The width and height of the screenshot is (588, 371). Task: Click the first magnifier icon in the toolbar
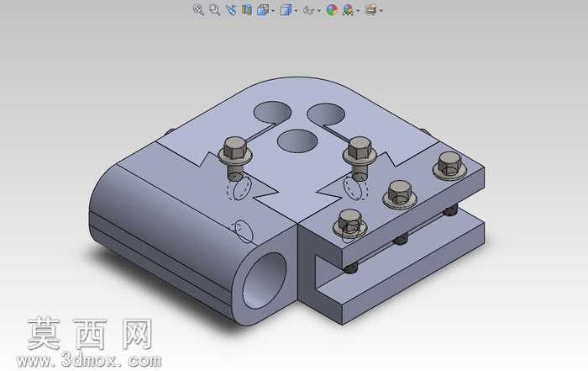198,10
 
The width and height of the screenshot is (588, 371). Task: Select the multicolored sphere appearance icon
332,10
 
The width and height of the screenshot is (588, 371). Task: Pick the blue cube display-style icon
286,10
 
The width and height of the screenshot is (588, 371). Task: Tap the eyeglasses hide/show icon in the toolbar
308,10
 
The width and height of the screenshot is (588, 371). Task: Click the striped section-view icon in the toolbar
247,10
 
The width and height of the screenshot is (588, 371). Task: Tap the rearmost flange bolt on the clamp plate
449,165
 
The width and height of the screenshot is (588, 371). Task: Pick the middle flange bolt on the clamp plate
400,194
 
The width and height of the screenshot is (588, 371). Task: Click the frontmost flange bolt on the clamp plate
350,223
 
